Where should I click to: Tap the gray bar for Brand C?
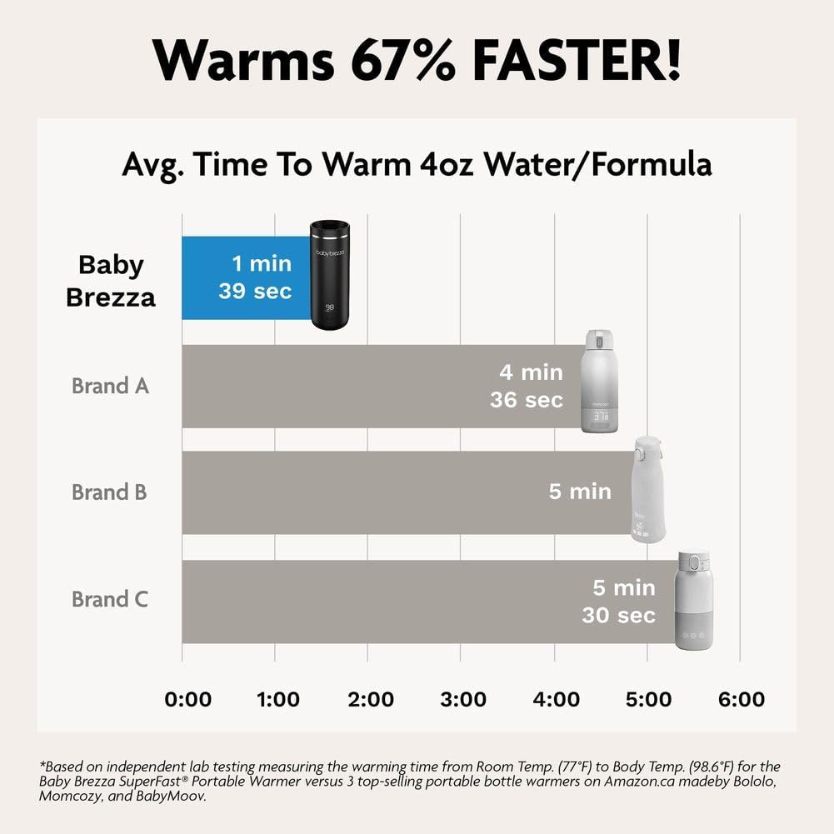(375, 602)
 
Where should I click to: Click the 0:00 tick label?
(188, 699)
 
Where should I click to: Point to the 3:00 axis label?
(462, 699)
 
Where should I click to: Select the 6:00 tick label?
(741, 699)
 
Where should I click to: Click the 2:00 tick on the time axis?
(370, 699)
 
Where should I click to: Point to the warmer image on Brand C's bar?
(694, 600)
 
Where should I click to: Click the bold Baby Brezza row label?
(111, 281)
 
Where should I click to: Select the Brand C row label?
(110, 599)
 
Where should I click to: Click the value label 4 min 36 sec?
(527, 385)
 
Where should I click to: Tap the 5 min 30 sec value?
(618, 602)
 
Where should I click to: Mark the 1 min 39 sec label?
(255, 277)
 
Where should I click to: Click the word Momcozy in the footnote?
(71, 797)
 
